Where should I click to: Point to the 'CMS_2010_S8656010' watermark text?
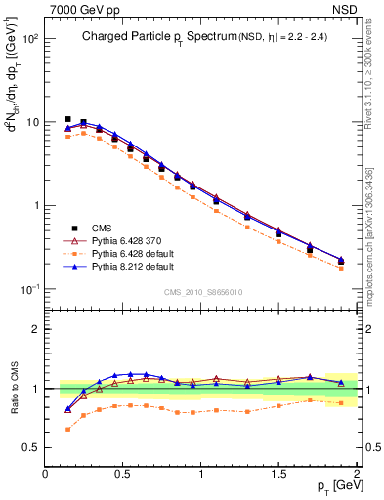[x=202, y=292]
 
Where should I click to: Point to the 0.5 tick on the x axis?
[x=123, y=474]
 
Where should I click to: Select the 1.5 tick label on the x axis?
[x=278, y=474]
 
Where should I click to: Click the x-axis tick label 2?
[x=357, y=474]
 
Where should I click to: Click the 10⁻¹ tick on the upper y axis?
[x=28, y=289]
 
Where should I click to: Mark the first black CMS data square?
[x=67, y=119]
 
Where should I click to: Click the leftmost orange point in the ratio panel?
[x=67, y=429]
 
